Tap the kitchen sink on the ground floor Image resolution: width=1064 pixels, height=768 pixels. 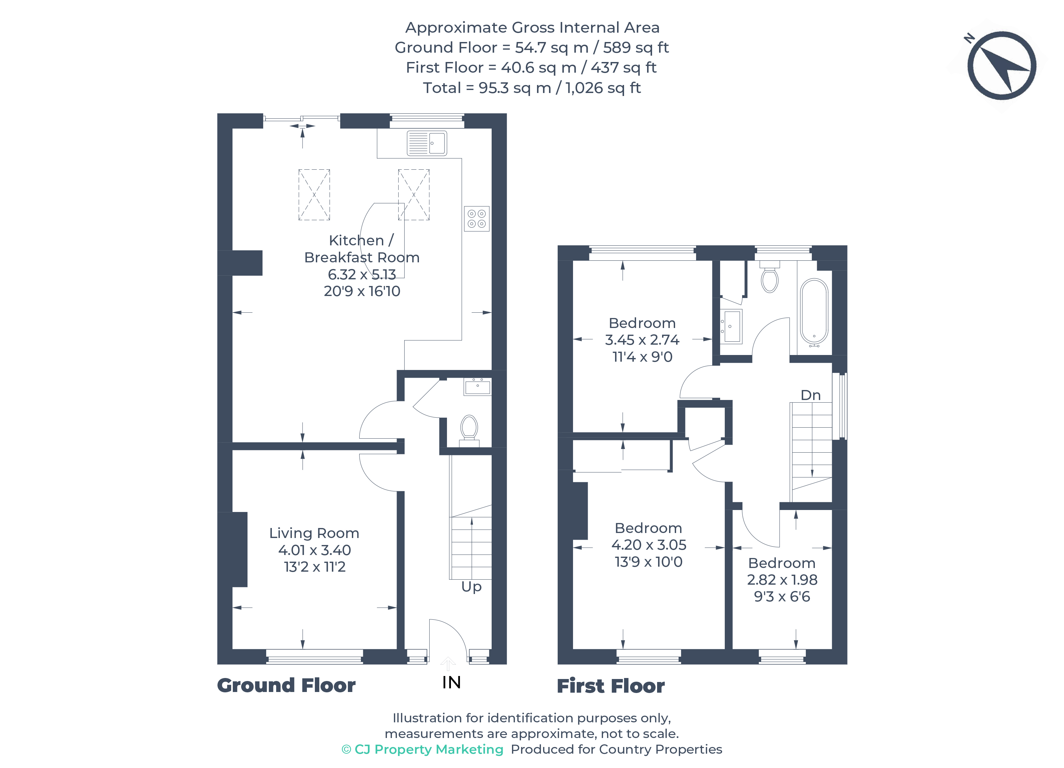pyautogui.click(x=427, y=143)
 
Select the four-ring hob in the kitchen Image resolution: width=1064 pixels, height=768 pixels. pyautogui.click(x=477, y=218)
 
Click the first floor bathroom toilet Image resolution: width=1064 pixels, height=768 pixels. pyautogui.click(x=769, y=277)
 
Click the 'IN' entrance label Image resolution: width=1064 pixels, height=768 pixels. pyautogui.click(x=451, y=682)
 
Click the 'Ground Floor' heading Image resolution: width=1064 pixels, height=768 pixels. pyautogui.click(x=286, y=685)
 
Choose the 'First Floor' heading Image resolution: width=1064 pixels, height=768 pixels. pyautogui.click(x=610, y=686)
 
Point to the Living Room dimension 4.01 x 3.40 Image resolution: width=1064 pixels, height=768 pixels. pyautogui.click(x=314, y=550)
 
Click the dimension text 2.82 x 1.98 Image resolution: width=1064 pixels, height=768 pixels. pyautogui.click(x=782, y=580)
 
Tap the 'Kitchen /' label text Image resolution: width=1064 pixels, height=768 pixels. pyautogui.click(x=361, y=241)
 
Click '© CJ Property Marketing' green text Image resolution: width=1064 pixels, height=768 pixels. pyautogui.click(x=422, y=749)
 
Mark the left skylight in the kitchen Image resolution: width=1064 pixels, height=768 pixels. pyautogui.click(x=314, y=195)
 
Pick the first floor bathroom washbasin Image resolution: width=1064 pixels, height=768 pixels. pyautogui.click(x=731, y=326)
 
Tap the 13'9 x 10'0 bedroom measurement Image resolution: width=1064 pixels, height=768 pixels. pyautogui.click(x=648, y=562)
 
